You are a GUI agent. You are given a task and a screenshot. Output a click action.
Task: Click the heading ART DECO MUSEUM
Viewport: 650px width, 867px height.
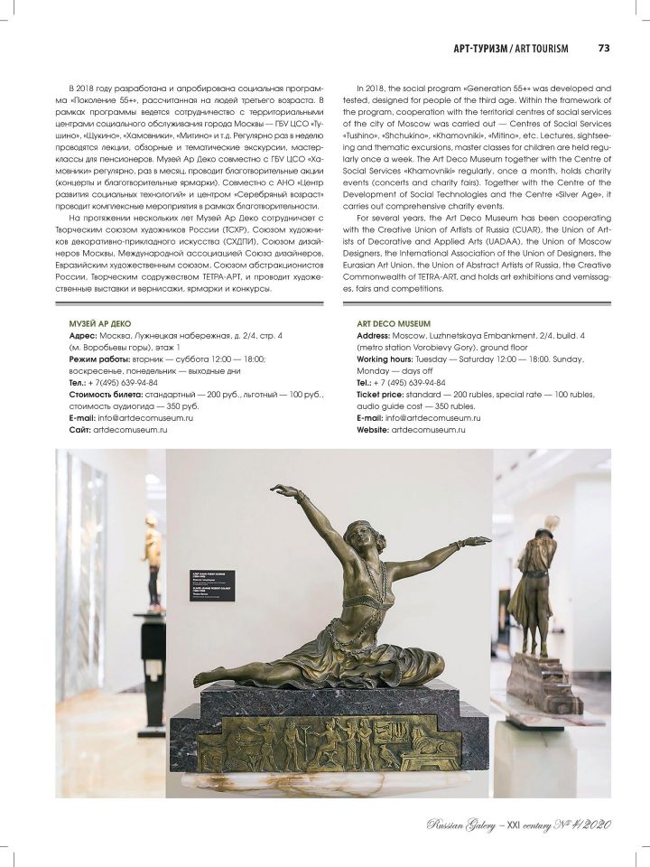[394, 322]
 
